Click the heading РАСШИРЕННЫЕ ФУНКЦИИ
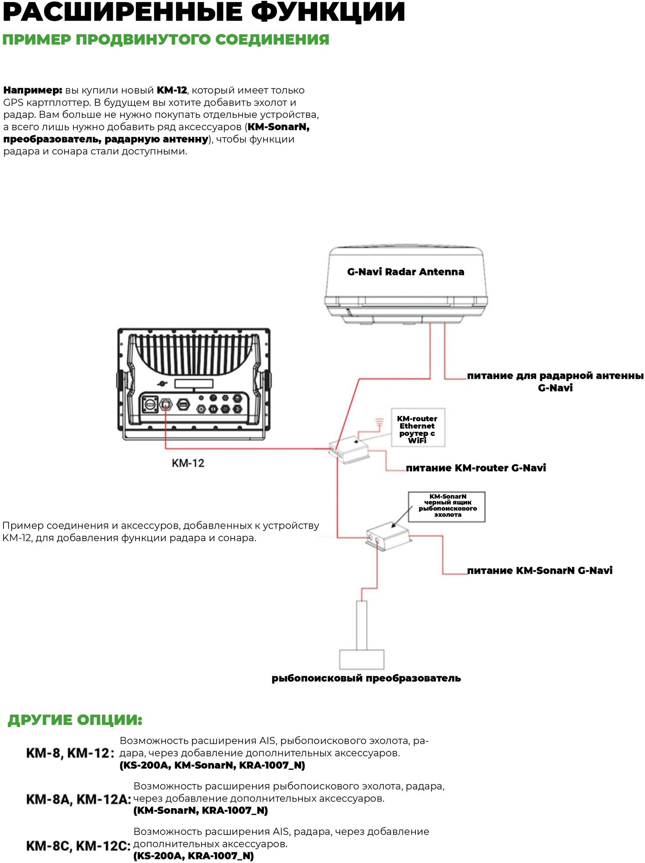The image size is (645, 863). (204, 12)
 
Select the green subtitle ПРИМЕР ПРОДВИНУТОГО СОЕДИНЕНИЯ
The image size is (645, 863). (166, 39)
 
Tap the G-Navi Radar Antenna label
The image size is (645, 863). (406, 272)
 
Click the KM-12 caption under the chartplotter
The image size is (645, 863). (188, 463)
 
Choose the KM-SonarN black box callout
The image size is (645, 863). (447, 506)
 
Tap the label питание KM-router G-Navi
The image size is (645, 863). (475, 468)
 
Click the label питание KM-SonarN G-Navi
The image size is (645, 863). (540, 570)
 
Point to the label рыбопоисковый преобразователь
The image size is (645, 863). (366, 678)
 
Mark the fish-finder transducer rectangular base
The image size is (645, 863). (362, 659)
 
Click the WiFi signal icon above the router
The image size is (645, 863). (379, 422)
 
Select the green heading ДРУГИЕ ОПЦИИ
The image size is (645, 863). (75, 720)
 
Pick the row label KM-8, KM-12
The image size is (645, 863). (70, 753)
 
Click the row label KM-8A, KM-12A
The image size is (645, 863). (79, 799)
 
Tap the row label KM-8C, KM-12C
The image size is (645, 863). (79, 846)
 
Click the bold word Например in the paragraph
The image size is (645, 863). (33, 90)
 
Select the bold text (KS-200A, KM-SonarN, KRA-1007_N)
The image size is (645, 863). (212, 765)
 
